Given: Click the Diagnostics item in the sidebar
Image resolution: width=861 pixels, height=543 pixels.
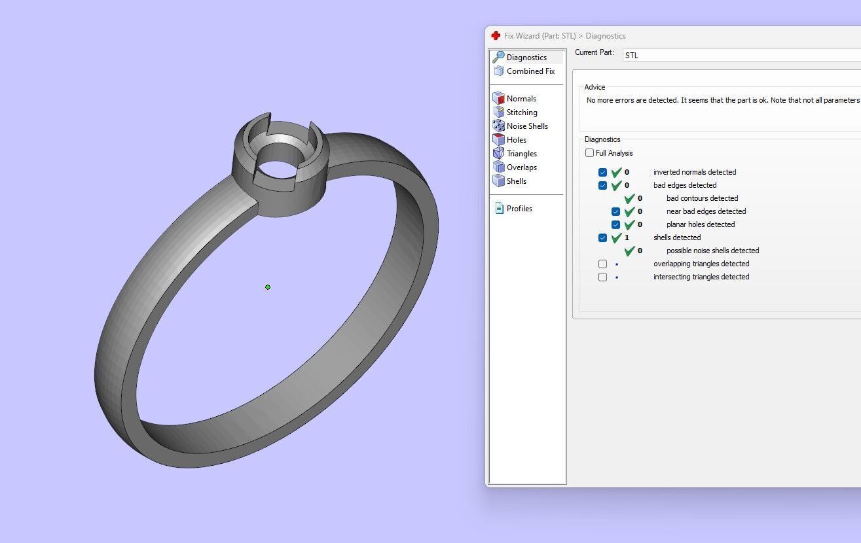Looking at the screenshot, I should [526, 58].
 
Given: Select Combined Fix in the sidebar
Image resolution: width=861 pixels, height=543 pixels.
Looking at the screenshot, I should [530, 71].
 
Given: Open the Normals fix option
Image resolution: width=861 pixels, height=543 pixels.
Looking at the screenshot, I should [521, 99].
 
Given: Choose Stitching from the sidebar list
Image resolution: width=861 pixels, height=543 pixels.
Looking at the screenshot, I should [521, 113].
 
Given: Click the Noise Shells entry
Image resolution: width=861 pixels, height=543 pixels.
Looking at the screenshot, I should [526, 126].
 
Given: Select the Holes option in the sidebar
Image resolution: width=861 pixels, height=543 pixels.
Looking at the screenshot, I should [516, 140].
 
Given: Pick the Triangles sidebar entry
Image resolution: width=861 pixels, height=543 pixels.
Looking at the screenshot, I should [521, 154].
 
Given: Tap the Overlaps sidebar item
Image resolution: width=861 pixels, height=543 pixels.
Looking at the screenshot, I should [521, 167].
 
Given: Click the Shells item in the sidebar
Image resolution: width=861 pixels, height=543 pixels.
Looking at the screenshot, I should [516, 181].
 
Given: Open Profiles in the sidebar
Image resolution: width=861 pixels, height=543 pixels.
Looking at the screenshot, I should [519, 209].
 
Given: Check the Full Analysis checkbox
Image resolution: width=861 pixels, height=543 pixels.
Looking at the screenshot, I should [590, 153].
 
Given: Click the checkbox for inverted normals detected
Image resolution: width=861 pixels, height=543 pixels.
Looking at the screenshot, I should [602, 173].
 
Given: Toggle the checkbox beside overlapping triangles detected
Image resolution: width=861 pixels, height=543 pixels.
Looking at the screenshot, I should [602, 264].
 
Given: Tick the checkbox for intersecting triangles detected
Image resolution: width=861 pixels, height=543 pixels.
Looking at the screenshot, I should [602, 277].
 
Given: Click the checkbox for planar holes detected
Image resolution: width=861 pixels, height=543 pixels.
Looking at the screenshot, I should [615, 225].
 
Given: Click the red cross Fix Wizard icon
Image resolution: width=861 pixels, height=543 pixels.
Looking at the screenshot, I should [496, 36].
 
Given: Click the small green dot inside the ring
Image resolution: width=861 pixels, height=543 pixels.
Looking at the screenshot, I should [268, 287].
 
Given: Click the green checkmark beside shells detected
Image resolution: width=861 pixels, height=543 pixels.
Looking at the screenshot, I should [616, 238].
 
